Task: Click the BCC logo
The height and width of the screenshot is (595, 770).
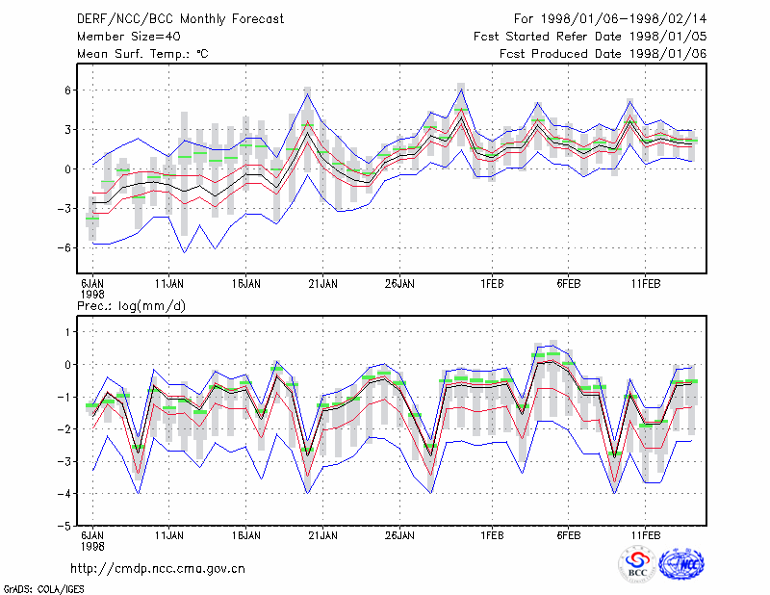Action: pyautogui.click(x=637, y=564)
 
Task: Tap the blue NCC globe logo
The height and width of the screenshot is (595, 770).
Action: pyautogui.click(x=681, y=564)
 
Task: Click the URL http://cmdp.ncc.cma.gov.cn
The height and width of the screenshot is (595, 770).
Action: pyautogui.click(x=158, y=569)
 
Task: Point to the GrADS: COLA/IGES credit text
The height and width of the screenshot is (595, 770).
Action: pyautogui.click(x=43, y=589)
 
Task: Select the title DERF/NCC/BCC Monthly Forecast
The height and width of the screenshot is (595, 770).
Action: pyautogui.click(x=180, y=19)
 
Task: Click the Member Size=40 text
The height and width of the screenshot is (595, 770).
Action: pyautogui.click(x=129, y=37)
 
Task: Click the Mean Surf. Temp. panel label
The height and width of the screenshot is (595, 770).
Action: pyautogui.click(x=142, y=54)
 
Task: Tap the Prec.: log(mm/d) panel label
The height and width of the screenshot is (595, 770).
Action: pyautogui.click(x=131, y=306)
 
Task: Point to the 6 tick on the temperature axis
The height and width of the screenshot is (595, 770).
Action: pyautogui.click(x=67, y=91)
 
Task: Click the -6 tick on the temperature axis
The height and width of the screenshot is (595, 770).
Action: pyautogui.click(x=64, y=248)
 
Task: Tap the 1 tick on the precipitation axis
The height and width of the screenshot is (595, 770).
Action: pyautogui.click(x=68, y=332)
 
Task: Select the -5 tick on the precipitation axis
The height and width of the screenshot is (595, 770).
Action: pyautogui.click(x=64, y=526)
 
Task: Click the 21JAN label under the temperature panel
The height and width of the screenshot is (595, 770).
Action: pyautogui.click(x=322, y=284)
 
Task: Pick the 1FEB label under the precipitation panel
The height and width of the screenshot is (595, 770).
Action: pyautogui.click(x=492, y=535)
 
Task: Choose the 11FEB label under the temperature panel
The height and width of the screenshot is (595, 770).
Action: pyautogui.click(x=645, y=284)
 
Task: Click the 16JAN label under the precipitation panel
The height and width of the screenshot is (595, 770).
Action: pyautogui.click(x=246, y=535)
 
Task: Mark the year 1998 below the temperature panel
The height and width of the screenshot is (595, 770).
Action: pyautogui.click(x=92, y=295)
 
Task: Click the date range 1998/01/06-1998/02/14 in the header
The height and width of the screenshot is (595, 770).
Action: pyautogui.click(x=624, y=19)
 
